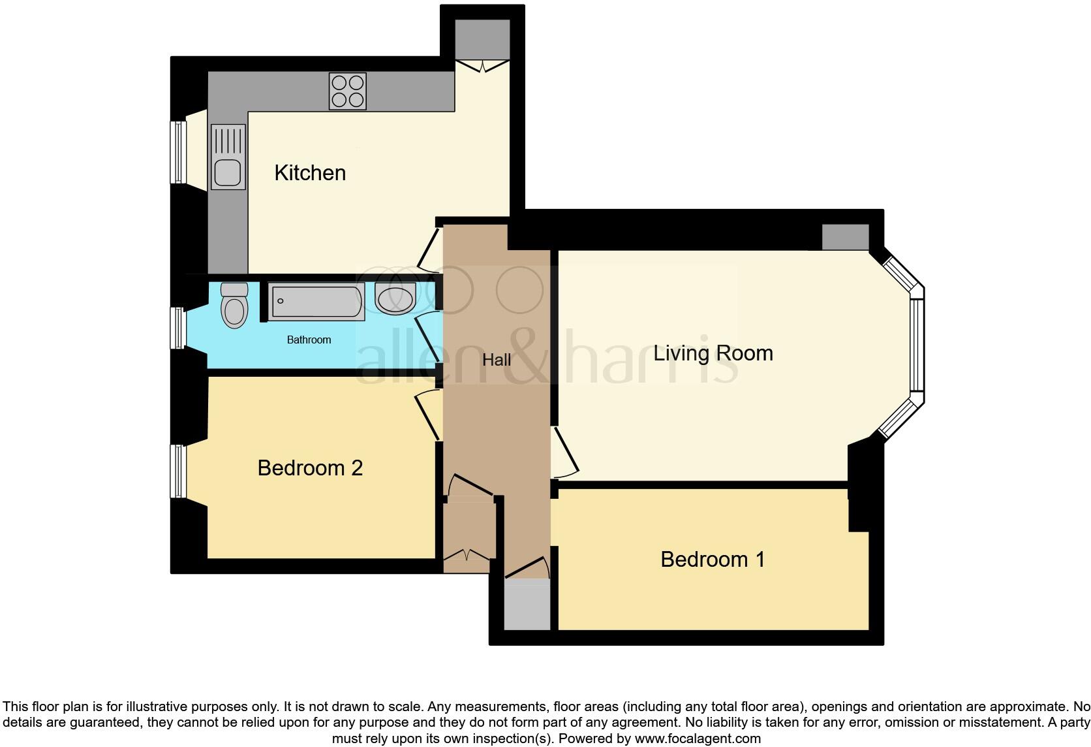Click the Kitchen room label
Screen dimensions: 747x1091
pos(310,173)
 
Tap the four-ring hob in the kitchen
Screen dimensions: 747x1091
pos(347,91)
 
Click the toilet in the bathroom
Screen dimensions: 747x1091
pos(234,305)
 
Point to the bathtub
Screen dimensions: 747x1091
pos(316,302)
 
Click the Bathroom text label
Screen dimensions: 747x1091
pos(309,340)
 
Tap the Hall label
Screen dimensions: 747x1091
pos(497,360)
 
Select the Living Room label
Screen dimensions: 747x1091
pos(713,353)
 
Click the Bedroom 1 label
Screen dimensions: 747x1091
pos(712,560)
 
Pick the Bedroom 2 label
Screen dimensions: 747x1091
pos(310,468)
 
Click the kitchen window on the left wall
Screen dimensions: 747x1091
pos(176,152)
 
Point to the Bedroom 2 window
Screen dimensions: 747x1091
pos(176,471)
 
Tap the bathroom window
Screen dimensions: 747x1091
pos(176,327)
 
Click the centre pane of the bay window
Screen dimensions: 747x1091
pos(917,345)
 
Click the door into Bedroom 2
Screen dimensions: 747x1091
pos(428,415)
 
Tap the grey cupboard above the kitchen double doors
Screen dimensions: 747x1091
pos(482,39)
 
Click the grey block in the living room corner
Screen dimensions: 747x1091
pos(845,236)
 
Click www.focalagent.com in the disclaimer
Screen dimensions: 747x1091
pos(698,739)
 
